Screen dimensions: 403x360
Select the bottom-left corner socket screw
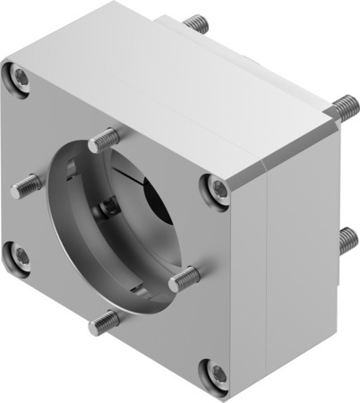21,256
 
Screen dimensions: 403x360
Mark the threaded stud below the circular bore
107,320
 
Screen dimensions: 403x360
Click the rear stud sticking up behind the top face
197,22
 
